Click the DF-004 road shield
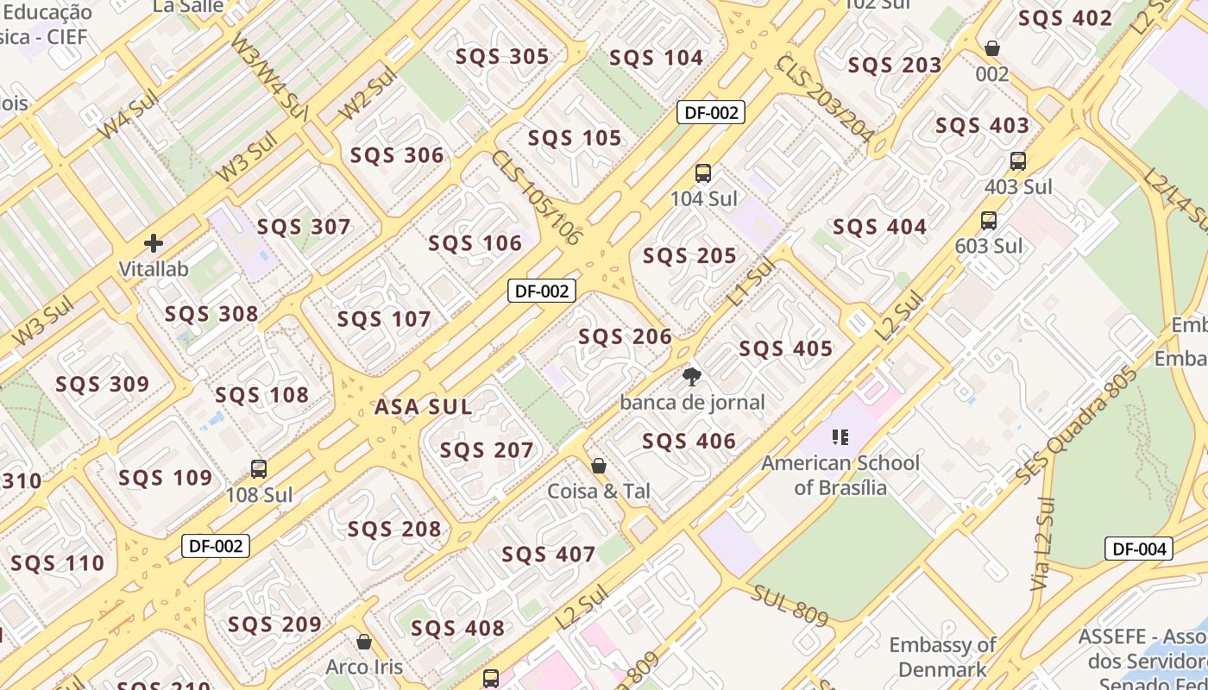click(1138, 549)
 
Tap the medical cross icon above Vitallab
click(154, 244)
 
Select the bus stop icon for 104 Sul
click(703, 173)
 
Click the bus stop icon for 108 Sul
click(258, 470)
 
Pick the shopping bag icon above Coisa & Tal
click(599, 466)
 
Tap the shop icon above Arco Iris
click(364, 643)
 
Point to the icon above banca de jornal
click(691, 376)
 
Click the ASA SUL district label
click(423, 407)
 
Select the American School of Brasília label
click(840, 475)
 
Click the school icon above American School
click(840, 437)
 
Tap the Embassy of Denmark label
click(942, 657)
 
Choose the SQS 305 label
click(502, 57)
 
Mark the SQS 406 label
click(689, 442)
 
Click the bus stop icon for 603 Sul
click(989, 221)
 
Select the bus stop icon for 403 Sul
click(1018, 161)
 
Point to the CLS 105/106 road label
click(535, 199)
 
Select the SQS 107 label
click(384, 320)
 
